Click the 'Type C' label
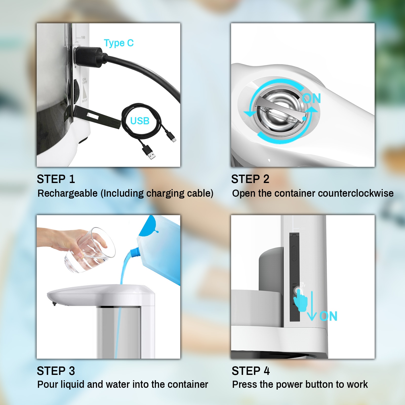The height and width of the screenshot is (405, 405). [x=118, y=43]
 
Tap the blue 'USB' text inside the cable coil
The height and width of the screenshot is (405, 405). [x=140, y=121]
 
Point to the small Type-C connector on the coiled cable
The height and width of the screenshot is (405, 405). [x=172, y=138]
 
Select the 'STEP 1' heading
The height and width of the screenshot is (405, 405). [x=56, y=179]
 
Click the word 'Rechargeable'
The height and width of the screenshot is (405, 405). [x=67, y=193]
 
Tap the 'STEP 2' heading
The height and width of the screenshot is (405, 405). [x=250, y=179]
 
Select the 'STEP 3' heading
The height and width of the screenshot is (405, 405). [x=56, y=371]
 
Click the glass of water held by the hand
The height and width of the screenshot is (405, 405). [x=89, y=251]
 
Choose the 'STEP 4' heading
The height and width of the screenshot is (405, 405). [x=251, y=371]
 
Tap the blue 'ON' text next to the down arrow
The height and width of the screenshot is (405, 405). [x=328, y=316]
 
